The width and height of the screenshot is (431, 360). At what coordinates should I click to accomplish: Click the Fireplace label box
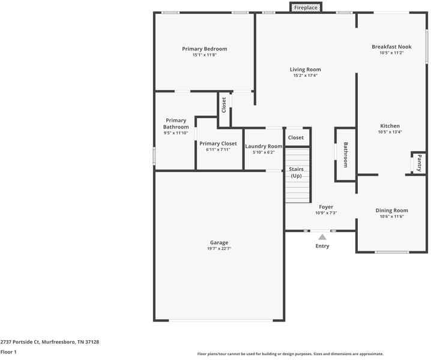click(x=306, y=7)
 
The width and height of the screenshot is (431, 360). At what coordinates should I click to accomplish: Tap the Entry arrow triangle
click(x=322, y=237)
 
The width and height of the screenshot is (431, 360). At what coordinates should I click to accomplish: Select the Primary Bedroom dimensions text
click(x=205, y=55)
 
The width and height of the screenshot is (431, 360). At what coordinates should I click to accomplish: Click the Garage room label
click(x=219, y=242)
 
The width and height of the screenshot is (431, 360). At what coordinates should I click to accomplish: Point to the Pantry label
click(x=420, y=163)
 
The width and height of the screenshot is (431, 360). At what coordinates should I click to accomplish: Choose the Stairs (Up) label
click(x=297, y=173)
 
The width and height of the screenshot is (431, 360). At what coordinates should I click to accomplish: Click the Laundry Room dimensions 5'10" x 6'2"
click(x=264, y=152)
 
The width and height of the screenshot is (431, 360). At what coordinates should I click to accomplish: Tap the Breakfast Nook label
click(x=392, y=47)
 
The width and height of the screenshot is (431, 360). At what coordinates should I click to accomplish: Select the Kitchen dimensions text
click(x=390, y=132)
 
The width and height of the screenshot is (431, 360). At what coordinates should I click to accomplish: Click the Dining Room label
click(x=392, y=211)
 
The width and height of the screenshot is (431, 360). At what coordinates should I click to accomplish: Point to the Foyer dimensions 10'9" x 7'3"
click(x=326, y=213)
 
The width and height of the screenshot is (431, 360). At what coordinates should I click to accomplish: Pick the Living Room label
click(x=306, y=70)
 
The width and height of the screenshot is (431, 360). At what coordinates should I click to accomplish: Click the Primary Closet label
click(x=218, y=144)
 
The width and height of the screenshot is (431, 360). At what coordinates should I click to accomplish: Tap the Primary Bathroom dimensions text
click(x=176, y=133)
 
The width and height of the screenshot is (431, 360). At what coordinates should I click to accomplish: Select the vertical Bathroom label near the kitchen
click(x=346, y=155)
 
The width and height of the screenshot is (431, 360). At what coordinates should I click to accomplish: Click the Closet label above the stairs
click(x=296, y=137)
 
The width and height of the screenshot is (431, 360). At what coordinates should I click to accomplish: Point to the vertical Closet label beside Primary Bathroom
click(x=224, y=105)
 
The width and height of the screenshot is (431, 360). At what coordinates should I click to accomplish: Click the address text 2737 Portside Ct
click(x=20, y=342)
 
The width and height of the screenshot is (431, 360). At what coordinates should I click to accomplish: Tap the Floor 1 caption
click(x=8, y=352)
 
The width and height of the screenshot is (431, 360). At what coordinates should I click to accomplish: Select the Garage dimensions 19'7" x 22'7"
click(x=219, y=249)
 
